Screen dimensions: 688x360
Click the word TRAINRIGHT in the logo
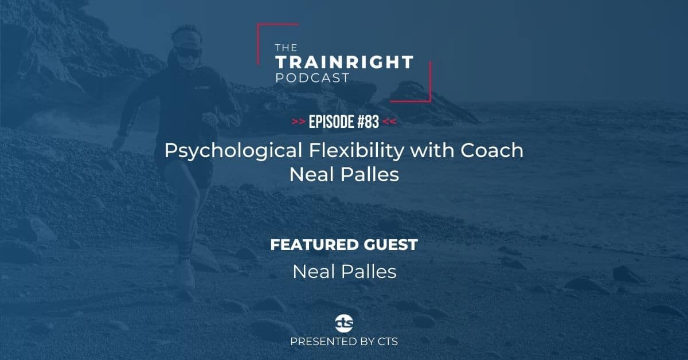pos(345,62)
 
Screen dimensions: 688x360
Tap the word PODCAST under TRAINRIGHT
pos(312,78)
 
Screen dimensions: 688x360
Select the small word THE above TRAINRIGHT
pos(286,48)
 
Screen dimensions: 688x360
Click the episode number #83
pos(368,122)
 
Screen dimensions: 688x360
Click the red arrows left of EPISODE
pos(298,122)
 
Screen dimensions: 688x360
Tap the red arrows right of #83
pos(389,122)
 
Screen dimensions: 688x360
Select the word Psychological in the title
pos(234,151)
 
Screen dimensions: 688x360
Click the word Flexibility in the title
pos(357,151)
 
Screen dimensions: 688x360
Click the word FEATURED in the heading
pos(314,245)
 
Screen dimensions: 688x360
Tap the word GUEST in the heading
pos(390,245)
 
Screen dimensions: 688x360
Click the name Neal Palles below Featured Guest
pos(345,272)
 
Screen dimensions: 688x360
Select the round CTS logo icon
pos(344,323)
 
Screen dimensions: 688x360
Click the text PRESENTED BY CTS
pos(344,342)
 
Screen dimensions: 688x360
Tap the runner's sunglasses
pos(188,53)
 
